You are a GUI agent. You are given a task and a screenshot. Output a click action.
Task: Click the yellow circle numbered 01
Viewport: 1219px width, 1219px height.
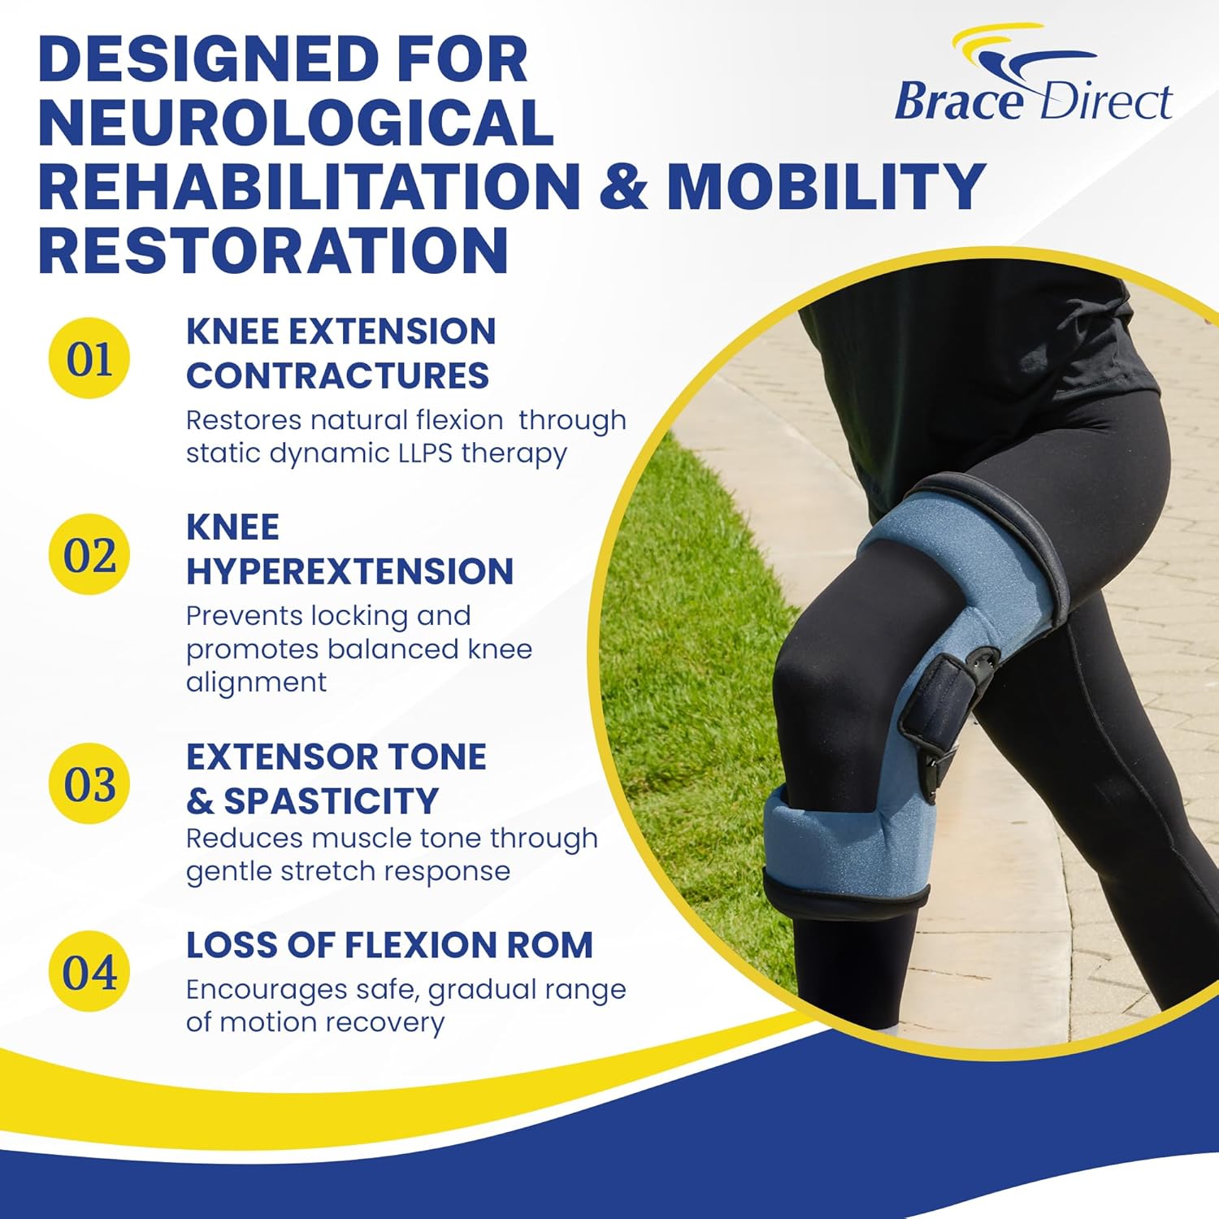(89, 358)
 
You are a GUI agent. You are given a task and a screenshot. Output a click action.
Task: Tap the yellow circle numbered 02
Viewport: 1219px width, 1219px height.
(89, 555)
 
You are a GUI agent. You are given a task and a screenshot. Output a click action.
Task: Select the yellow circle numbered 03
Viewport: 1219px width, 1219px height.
(89, 783)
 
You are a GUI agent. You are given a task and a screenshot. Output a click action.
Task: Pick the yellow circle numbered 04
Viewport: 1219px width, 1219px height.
(89, 972)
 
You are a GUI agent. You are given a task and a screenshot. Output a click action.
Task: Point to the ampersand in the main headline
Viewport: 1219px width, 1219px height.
(623, 185)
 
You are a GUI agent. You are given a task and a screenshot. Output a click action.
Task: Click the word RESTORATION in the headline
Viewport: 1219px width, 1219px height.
(274, 249)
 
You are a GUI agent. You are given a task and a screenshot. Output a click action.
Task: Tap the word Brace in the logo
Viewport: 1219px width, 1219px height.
(959, 102)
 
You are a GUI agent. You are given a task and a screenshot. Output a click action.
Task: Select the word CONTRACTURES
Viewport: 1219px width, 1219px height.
(337, 375)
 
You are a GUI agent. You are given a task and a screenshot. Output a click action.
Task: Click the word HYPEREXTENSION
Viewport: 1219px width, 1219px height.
(349, 571)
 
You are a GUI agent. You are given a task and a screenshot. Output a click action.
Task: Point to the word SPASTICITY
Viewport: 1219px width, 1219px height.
(331, 801)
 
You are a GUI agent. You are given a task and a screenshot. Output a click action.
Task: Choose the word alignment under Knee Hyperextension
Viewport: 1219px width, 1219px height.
(256, 682)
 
